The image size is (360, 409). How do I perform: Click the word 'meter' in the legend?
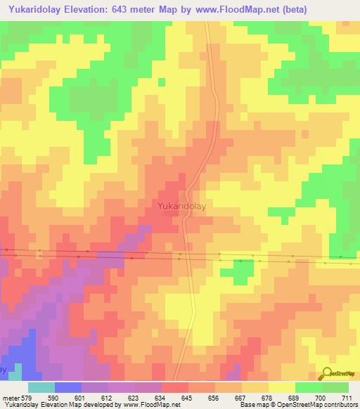tap(12, 397)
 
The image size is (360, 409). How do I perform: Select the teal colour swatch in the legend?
tap(41, 387)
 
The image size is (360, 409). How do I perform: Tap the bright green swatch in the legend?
tap(308, 387)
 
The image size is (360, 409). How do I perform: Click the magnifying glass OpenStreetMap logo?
tap(328, 375)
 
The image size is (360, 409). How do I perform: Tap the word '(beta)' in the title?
tap(296, 9)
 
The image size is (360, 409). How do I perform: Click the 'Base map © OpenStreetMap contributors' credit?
tap(298, 405)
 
